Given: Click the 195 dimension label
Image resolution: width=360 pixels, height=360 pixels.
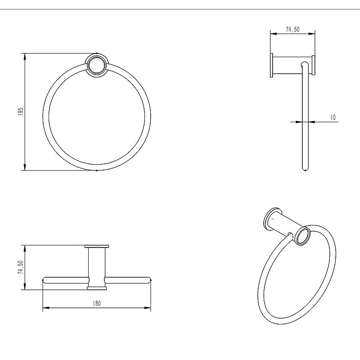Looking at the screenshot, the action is coord(21,112).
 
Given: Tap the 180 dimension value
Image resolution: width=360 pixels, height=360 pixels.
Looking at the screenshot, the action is coord(97,303).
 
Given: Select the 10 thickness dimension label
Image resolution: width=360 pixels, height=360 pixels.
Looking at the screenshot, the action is coord(333,117).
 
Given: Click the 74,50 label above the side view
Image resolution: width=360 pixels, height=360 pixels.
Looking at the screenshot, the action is coord(292,29).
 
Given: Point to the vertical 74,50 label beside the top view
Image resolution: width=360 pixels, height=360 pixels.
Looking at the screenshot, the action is coord(21,267).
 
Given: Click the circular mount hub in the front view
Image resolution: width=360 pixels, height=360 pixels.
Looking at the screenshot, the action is coord(97,65).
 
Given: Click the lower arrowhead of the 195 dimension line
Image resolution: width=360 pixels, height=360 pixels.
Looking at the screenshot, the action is coord(25,167).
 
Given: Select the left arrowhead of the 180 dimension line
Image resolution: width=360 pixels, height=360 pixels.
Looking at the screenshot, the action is coord(46,308).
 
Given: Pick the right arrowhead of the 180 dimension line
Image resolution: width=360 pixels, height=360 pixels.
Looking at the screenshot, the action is coord(148,308).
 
